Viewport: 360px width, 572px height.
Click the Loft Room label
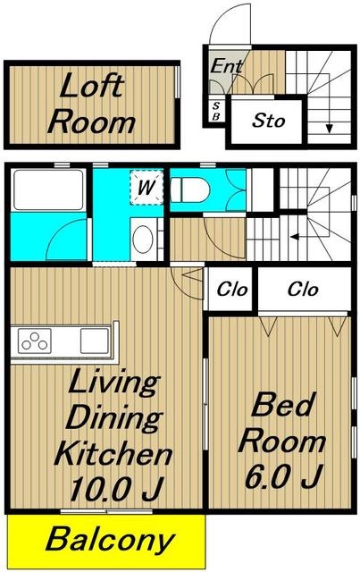pos(91,104)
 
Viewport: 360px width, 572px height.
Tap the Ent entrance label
pos(227,66)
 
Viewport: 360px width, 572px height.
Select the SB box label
pos(216,111)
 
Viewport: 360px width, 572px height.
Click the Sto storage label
pos(269,121)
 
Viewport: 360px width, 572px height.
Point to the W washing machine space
pos(147,188)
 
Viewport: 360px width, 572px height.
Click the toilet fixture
pos(190,189)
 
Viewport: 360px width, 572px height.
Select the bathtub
pos(48,190)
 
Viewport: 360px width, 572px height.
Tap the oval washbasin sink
pos(143,239)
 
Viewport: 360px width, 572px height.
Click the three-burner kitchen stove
pos(35,341)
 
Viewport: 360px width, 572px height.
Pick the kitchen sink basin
pos(94,341)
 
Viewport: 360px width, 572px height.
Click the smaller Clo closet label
pos(232,290)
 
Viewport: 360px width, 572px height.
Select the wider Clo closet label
pos(303,290)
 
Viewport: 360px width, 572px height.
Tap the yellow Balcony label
pos(110,540)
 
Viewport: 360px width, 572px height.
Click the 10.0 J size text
pos(116,489)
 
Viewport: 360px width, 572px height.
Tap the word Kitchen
pos(113,453)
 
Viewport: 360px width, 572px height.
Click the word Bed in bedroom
pos(283,404)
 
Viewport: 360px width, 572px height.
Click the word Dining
pos(114,418)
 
